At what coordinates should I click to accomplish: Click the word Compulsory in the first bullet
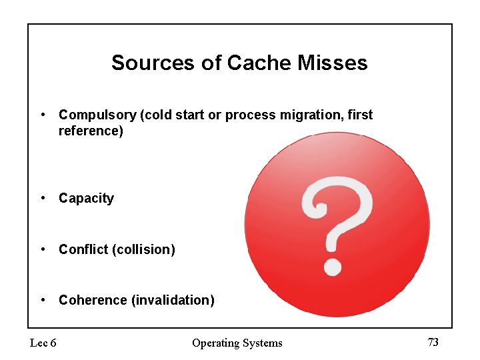pos(97,115)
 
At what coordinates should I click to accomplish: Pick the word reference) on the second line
pos(91,131)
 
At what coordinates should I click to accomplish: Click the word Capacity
pos(86,198)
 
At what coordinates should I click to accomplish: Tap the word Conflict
pos(83,249)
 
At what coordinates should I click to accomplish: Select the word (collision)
pos(144,249)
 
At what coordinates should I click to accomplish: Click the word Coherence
pos(93,300)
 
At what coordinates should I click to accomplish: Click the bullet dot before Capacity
pos(43,197)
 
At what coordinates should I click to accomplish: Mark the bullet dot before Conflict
pos(43,249)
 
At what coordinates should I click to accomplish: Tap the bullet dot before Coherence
pos(43,299)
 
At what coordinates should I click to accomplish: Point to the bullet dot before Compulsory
pos(43,114)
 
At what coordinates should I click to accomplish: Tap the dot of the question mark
pos(332,267)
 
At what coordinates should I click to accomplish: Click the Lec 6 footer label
pos(43,343)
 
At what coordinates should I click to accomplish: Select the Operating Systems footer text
pos(237,343)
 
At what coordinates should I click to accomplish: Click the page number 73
pos(433,342)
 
